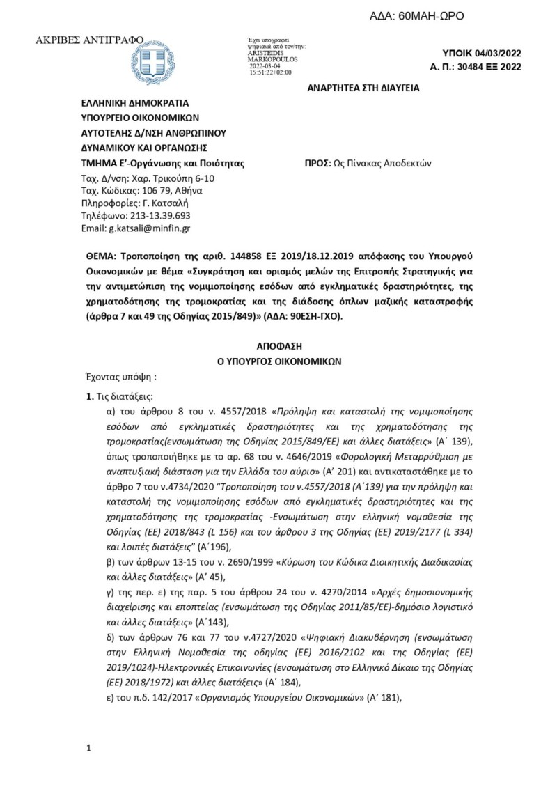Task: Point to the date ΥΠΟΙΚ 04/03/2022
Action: [481, 54]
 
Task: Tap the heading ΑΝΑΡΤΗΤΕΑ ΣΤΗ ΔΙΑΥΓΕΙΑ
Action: [364, 90]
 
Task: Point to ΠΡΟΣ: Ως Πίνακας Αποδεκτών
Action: [369, 164]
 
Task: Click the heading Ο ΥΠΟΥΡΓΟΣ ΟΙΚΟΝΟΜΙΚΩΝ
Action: [278, 361]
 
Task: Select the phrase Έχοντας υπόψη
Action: [115, 377]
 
